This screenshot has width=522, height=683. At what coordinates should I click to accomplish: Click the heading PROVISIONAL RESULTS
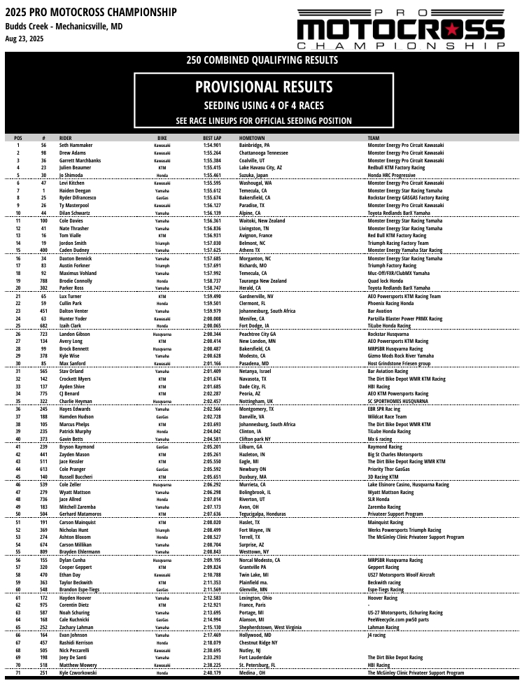pos(263,87)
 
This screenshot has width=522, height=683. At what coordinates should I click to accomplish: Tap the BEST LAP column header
pos(213,139)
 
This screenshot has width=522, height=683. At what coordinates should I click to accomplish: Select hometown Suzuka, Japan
pos(256,175)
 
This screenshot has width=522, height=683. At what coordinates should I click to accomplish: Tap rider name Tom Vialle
pos(73,236)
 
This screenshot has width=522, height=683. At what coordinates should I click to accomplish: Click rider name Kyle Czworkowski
pos(83,673)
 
